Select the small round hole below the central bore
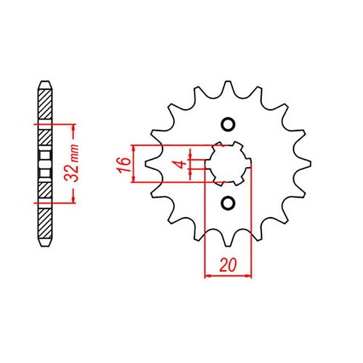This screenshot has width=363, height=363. tap(229, 202)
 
